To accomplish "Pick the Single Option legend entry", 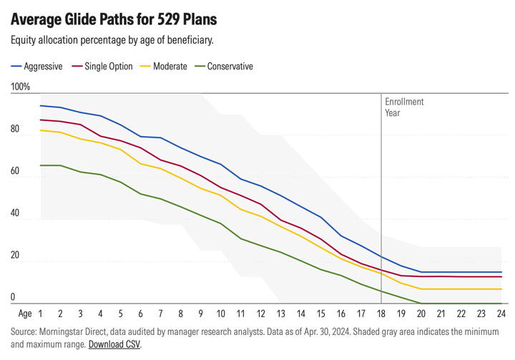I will [x=108, y=67].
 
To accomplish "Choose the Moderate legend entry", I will [x=170, y=67].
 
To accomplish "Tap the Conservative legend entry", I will [x=230, y=67].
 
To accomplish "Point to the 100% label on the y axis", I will [x=20, y=87].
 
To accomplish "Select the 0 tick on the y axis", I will [x=13, y=297].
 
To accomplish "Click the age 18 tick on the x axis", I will [x=381, y=313].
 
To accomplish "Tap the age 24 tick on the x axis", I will [x=501, y=313].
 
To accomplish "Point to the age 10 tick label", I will [x=221, y=313].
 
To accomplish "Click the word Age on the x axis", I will [x=25, y=313].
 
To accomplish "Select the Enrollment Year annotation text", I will [x=404, y=107].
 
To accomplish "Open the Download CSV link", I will [x=114, y=344].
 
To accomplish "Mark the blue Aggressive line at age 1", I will [x=41, y=106].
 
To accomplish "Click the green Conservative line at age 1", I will [x=41, y=165].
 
